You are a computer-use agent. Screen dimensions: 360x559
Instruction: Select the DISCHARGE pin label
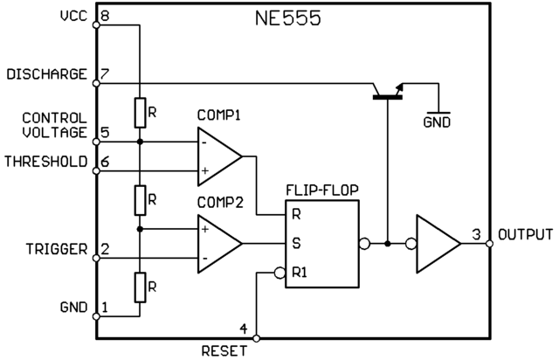46,74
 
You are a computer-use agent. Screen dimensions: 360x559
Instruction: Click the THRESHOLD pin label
45,162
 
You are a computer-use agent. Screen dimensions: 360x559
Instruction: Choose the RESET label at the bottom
224,350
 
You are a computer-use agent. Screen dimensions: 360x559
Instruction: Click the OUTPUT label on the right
525,234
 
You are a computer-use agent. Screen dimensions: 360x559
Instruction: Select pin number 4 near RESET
245,329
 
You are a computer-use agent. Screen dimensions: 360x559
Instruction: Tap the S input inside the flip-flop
296,243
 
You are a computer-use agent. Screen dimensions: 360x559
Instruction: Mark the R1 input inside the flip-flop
300,273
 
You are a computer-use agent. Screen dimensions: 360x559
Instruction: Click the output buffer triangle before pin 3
437,244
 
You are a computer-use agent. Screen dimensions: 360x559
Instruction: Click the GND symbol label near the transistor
437,122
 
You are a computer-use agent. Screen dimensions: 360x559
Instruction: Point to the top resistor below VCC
139,113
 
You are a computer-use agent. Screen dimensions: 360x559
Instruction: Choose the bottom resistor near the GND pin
139,286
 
